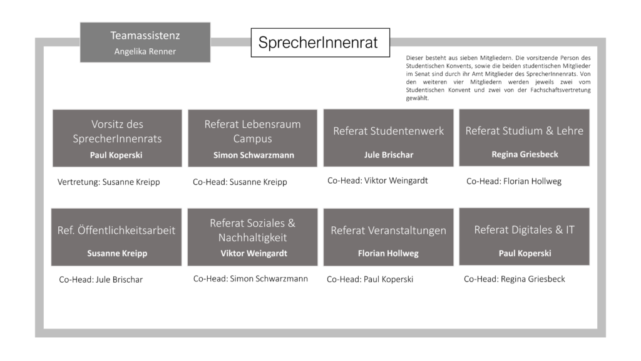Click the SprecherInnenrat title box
[320, 43]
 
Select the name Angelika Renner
[145, 51]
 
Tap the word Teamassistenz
[145, 36]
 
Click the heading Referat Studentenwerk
[388, 131]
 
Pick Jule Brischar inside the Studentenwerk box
[389, 155]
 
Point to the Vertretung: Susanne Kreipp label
[109, 182]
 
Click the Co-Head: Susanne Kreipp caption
[240, 182]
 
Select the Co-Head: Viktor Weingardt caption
[377, 180]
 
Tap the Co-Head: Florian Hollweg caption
[514, 181]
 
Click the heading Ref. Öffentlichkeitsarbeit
[116, 231]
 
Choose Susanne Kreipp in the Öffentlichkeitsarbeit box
[117, 253]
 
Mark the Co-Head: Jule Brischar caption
[101, 280]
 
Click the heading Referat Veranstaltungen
[388, 231]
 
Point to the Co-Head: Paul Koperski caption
[370, 279]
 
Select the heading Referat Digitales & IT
[525, 229]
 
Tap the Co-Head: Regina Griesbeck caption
[515, 279]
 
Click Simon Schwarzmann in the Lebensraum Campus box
[254, 155]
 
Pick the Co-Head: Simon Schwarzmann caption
[250, 279]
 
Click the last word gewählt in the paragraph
[418, 98]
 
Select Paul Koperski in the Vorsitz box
[116, 155]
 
